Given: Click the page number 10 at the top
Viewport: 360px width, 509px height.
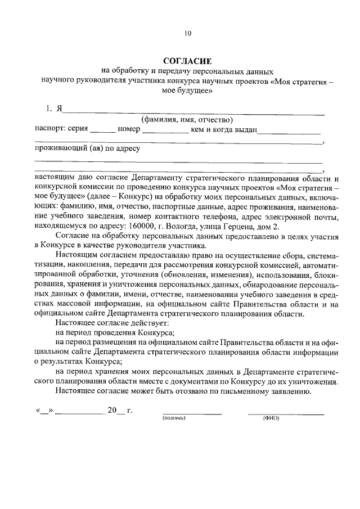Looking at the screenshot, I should [187, 33].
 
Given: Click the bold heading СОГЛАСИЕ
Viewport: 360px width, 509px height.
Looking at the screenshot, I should [187, 60].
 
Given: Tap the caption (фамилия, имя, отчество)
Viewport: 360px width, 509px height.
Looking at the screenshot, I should [187, 119].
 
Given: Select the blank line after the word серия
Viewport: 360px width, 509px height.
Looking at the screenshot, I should [102, 131].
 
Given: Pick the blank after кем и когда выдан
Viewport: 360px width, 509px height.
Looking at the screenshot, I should [289, 131].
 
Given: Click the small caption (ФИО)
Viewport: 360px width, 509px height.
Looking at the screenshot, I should [271, 419].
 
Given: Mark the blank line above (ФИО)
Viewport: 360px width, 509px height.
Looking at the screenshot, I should [286, 413].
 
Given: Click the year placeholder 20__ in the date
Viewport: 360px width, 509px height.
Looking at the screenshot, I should [115, 410].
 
